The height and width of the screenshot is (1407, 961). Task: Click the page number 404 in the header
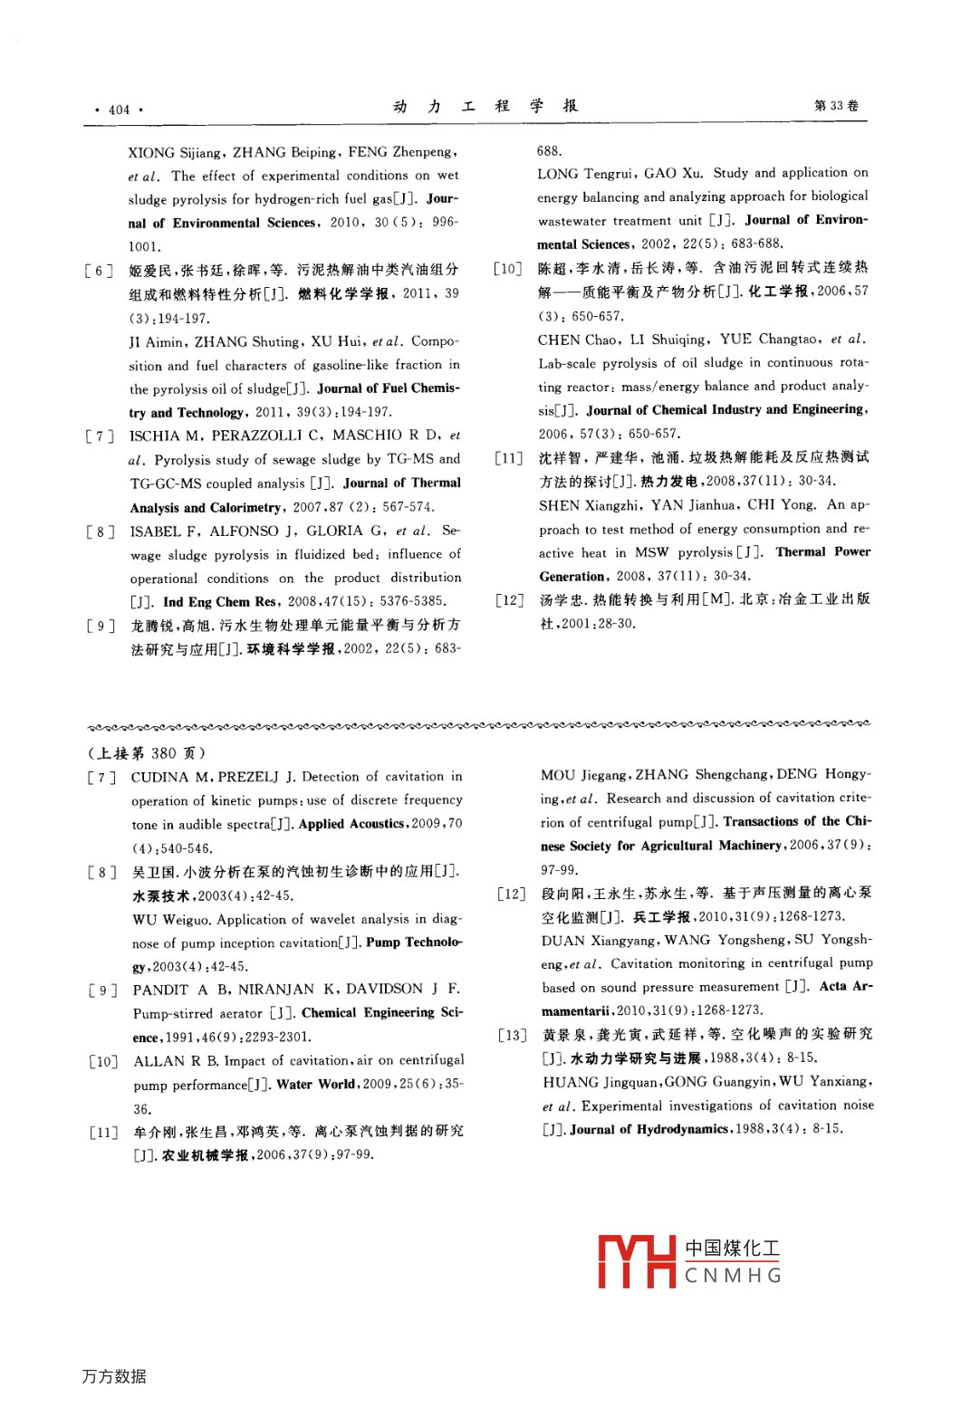[119, 110]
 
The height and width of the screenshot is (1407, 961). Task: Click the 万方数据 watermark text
[114, 1376]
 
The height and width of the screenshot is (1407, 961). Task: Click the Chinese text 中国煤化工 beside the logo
[732, 1249]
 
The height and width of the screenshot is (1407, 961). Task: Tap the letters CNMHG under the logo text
[733, 1276]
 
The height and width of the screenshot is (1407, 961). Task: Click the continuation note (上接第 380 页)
[147, 753]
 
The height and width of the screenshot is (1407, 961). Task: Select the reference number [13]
[512, 1035]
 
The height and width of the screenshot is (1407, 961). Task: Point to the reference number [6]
[99, 271]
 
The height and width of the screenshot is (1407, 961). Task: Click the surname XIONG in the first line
[153, 153]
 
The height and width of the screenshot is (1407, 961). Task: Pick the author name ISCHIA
[155, 436]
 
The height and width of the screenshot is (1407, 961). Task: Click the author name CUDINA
[159, 777]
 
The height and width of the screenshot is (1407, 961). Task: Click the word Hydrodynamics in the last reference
[682, 1129]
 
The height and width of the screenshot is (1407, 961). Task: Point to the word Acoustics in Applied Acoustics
[376, 824]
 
